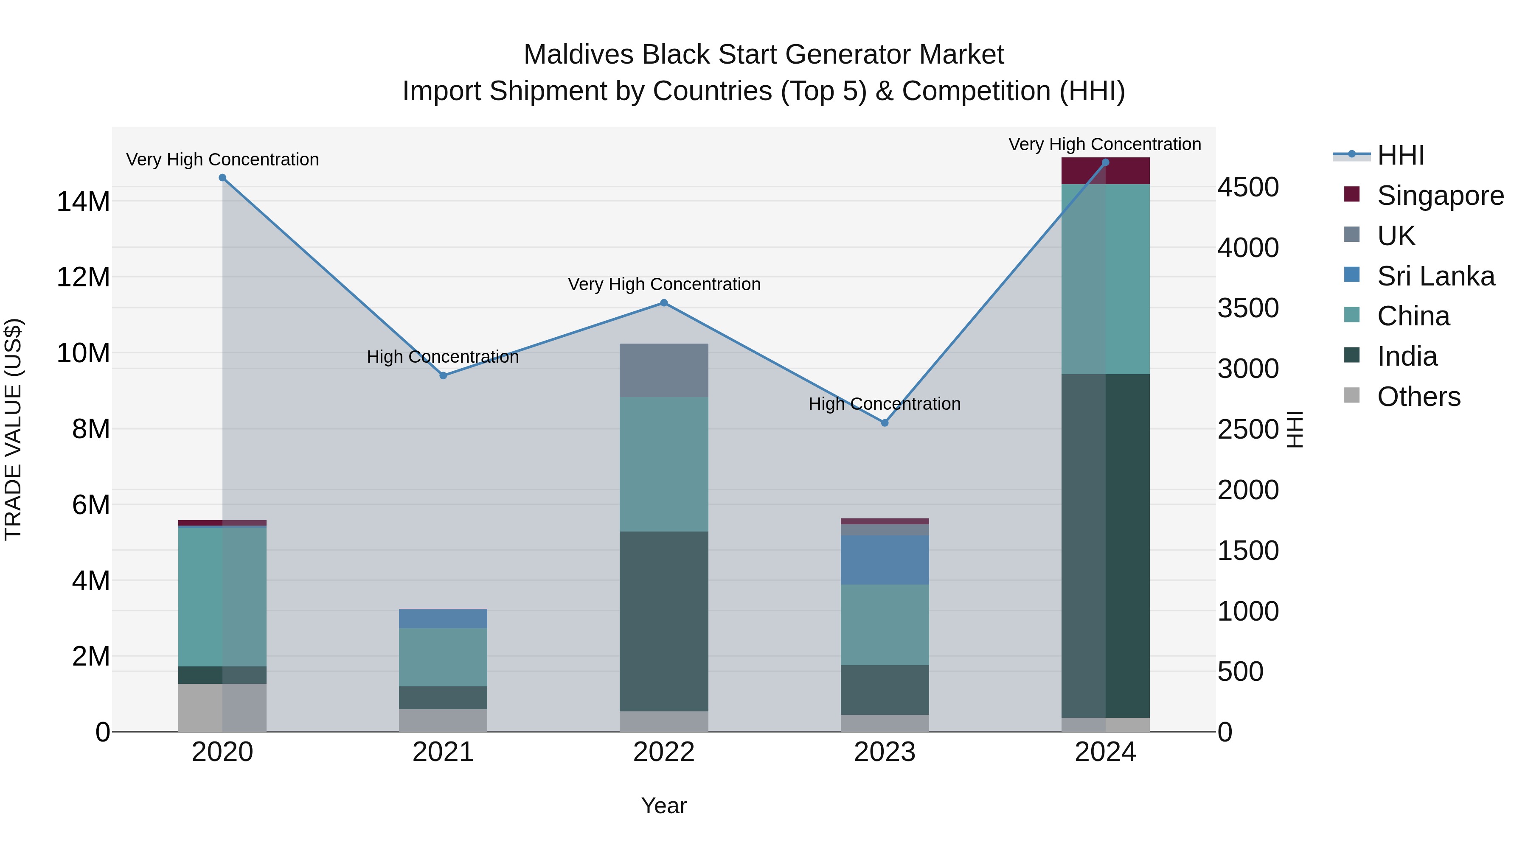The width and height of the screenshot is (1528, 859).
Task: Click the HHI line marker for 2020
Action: click(x=222, y=178)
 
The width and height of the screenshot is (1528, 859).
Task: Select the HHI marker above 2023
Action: click(x=885, y=423)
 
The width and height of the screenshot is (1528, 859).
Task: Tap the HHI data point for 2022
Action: click(x=664, y=303)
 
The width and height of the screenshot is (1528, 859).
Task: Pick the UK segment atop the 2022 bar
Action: click(x=664, y=370)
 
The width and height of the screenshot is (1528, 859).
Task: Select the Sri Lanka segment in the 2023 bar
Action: click(x=885, y=560)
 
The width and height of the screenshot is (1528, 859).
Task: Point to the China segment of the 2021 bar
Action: click(x=443, y=657)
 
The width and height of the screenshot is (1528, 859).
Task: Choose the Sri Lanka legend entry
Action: click(x=1435, y=276)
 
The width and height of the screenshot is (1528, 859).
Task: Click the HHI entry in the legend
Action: click(x=1400, y=155)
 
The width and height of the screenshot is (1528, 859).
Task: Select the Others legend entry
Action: click(x=1418, y=397)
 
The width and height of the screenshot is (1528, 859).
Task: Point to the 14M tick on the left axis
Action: click(x=83, y=201)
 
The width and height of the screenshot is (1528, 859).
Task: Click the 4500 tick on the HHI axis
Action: click(x=1248, y=187)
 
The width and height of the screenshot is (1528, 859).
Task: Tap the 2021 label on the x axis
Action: click(x=443, y=752)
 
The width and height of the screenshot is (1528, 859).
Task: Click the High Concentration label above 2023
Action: click(x=885, y=404)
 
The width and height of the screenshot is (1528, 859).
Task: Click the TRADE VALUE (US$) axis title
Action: click(x=13, y=429)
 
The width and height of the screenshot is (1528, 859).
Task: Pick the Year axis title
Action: click(x=664, y=806)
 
